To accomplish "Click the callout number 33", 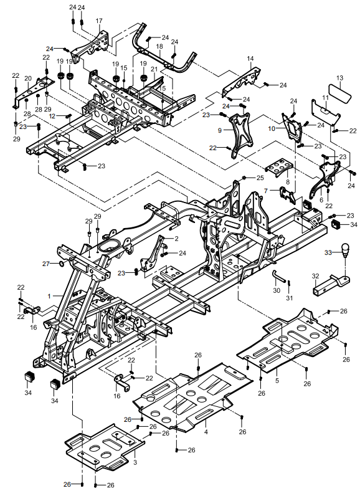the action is click(x=329, y=252).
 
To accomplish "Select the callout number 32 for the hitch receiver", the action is click(x=315, y=276).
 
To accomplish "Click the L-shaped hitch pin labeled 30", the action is click(x=278, y=277).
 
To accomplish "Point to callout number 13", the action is click(x=340, y=78).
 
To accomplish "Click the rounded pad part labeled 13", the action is click(x=340, y=92).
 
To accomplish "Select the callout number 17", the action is click(x=99, y=21).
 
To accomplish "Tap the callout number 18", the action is click(x=159, y=46).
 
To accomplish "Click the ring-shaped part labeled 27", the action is click(x=61, y=264).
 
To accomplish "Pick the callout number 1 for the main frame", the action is click(x=49, y=297).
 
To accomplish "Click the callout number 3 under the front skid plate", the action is click(x=135, y=462).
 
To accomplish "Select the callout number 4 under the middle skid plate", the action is click(x=206, y=431).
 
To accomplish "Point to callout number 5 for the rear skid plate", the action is click(x=277, y=380).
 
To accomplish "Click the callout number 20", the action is click(x=28, y=79).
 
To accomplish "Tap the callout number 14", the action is click(x=250, y=59).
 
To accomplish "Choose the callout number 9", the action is click(x=220, y=130).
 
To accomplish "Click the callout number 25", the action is click(x=260, y=178).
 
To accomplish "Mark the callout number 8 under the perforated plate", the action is click(x=288, y=182).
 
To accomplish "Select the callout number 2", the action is click(x=176, y=239).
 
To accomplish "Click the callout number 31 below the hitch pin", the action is click(x=290, y=298).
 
